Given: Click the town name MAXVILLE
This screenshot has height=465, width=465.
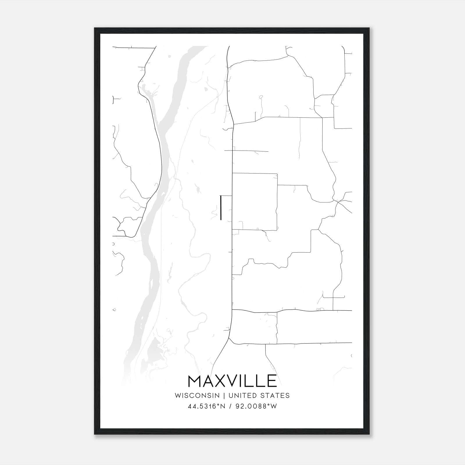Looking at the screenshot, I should [x=232, y=381].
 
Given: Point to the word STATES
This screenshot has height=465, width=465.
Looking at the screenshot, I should [x=275, y=396].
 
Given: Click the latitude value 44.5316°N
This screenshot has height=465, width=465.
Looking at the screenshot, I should [x=207, y=406].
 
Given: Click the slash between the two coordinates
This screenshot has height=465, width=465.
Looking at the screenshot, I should [x=231, y=406].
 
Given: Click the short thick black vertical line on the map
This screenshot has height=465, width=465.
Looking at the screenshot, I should [x=221, y=208].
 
